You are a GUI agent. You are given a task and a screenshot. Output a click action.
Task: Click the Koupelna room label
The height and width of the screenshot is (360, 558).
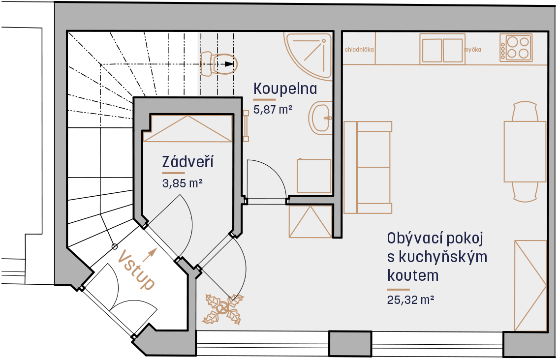click(285, 89)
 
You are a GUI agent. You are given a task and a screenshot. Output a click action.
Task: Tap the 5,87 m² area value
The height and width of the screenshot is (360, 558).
click(273, 109)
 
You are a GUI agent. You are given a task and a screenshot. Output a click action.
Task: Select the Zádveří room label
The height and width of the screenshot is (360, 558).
click(187, 162)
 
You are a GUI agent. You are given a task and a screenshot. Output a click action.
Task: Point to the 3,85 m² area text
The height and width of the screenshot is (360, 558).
click(182, 183)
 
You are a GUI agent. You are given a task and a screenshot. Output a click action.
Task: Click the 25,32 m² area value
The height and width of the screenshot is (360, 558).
click(410, 300)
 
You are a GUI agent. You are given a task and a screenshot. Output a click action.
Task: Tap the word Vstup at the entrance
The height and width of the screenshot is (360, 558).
click(137, 270)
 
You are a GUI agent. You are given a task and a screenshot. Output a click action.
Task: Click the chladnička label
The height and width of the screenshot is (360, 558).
click(359, 50)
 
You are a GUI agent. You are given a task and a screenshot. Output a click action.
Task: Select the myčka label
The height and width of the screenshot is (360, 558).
click(473, 50)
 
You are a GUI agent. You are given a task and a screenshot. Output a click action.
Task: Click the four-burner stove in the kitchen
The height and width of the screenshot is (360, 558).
click(516, 48)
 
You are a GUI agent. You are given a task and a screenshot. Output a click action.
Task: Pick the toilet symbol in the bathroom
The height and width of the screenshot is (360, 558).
click(218, 63)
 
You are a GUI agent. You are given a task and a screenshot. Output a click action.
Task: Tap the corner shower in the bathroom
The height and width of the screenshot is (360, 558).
click(308, 55)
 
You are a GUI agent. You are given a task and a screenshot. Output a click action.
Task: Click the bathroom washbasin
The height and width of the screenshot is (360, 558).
click(321, 118)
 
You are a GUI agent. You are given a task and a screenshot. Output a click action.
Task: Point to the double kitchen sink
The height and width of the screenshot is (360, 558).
click(442, 49)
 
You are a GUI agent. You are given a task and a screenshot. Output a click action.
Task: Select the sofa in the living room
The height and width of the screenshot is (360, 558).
click(368, 167)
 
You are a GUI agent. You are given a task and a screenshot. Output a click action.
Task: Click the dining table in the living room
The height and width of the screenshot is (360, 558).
click(525, 151)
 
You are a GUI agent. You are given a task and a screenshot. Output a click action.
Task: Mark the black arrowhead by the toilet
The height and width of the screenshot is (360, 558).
click(229, 64)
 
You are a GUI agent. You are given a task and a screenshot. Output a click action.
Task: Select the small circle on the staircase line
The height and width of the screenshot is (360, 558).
click(115, 246)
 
